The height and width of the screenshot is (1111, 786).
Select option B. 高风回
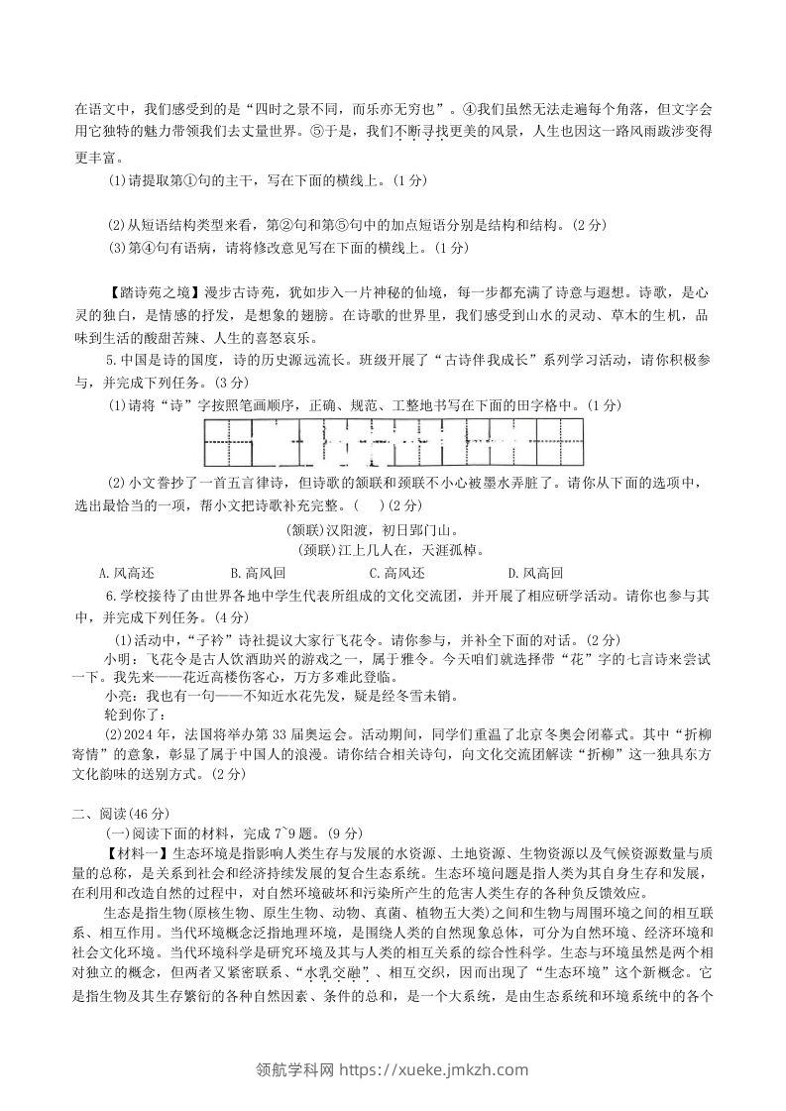257,574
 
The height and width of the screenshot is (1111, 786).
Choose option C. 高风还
395,574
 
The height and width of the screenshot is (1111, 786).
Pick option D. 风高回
534,574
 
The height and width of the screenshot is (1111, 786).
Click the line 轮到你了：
135,716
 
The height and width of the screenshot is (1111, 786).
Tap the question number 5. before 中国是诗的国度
111,362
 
